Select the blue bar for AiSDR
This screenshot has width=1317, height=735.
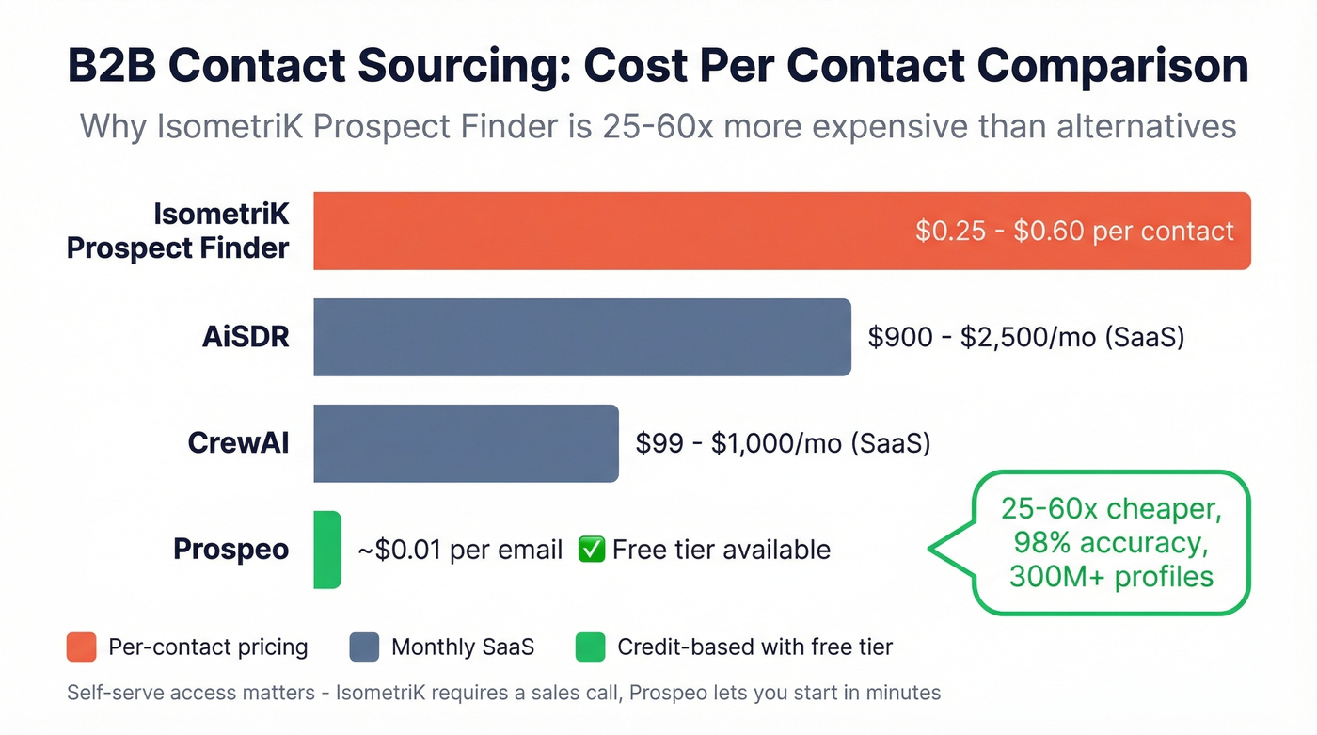(581, 337)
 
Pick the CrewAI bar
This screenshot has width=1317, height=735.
(466, 443)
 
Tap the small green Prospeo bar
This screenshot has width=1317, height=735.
(326, 550)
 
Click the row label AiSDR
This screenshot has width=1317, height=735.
(246, 337)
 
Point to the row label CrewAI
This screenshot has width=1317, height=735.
(238, 443)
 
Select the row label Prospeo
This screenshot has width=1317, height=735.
(230, 550)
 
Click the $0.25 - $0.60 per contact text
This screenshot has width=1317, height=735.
(1074, 231)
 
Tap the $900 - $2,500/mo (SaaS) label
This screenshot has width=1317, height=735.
(1025, 337)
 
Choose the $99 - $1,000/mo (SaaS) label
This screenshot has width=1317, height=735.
(783, 443)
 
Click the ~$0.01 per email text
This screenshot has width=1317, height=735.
(460, 550)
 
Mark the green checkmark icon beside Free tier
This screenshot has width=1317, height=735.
(591, 550)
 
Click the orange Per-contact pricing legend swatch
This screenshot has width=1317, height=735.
(82, 647)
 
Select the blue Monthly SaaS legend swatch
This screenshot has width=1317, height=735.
(364, 647)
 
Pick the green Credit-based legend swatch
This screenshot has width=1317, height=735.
(590, 647)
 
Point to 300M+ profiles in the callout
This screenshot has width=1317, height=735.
(1111, 576)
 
